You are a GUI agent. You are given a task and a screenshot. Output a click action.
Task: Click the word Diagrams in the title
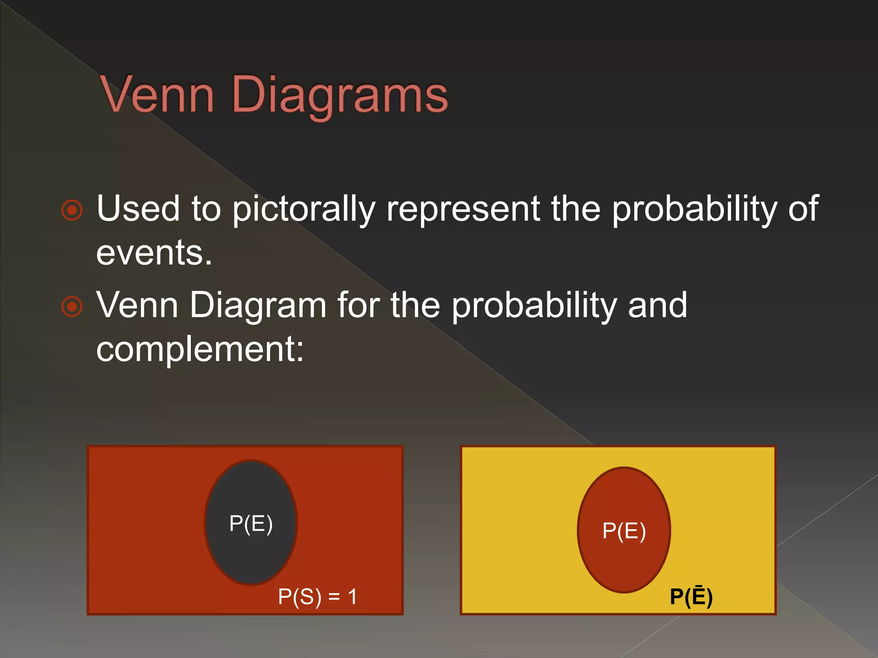[x=340, y=95]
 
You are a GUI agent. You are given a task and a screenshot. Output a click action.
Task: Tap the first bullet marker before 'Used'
[x=72, y=210]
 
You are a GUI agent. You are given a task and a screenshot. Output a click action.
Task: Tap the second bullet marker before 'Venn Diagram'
[x=72, y=306]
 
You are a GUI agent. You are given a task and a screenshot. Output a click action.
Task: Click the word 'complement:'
[x=200, y=349]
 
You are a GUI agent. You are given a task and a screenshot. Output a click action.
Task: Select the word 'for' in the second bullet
[x=358, y=305]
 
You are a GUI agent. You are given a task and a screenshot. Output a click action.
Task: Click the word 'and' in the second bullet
[x=657, y=305]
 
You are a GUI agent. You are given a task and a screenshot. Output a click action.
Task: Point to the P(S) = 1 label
[x=317, y=596]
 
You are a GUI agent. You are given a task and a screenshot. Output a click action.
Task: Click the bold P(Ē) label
[x=691, y=596]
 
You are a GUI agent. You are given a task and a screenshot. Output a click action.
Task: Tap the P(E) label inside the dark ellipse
[x=251, y=523]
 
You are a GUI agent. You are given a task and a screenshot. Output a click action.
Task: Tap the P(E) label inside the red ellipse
[x=624, y=531]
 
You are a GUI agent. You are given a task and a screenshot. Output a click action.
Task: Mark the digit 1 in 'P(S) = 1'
[x=352, y=596]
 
